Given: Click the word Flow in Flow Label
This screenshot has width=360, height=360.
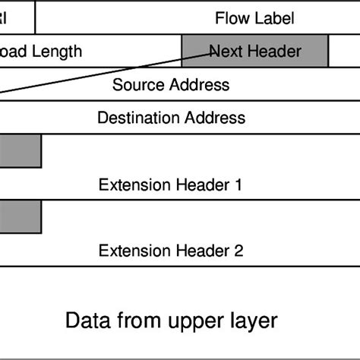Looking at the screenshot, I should point(230,17).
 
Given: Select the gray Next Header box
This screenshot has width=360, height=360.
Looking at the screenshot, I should point(254,52).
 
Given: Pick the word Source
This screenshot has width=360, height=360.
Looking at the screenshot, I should point(137,84).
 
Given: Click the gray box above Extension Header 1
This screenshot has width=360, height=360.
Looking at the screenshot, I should point(20,151).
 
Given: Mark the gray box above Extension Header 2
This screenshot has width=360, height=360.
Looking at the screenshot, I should point(20,216).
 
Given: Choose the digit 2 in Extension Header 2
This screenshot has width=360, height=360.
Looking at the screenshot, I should point(238,251).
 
